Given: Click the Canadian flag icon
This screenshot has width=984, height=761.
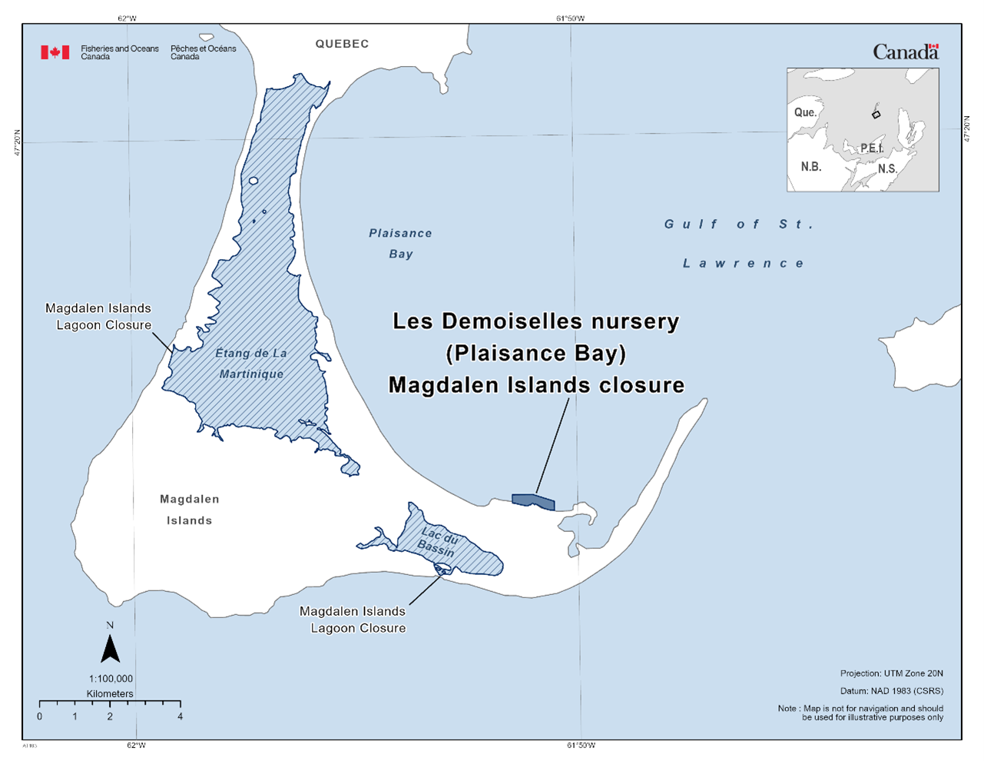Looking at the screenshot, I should [x=55, y=52].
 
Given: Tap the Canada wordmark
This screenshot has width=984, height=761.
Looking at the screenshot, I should [x=906, y=52].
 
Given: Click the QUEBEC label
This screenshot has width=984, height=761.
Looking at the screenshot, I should [x=342, y=44].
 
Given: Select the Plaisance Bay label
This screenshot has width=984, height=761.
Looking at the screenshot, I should [x=400, y=243].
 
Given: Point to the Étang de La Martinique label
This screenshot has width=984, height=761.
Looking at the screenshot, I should [x=251, y=364].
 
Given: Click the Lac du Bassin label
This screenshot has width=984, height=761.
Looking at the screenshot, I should [x=439, y=542].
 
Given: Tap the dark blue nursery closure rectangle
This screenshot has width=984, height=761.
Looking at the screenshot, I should [x=533, y=501].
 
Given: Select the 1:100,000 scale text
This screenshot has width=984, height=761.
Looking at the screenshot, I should [x=111, y=679].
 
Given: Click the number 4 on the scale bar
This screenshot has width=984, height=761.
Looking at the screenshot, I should [x=180, y=716].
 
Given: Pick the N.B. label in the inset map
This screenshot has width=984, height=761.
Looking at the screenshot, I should [x=811, y=167].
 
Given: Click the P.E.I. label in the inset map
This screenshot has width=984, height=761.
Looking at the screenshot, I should [x=872, y=148].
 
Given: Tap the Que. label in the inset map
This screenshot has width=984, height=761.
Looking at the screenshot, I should [x=805, y=112].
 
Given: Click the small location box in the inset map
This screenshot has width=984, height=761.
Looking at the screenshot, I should [x=876, y=115].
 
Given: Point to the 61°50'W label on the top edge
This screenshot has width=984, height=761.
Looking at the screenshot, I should [x=570, y=18].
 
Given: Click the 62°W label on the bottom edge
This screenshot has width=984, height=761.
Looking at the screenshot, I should [x=136, y=745].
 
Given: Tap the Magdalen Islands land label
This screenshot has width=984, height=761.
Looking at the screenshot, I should [x=190, y=510].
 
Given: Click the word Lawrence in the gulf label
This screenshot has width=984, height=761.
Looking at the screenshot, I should [x=744, y=264].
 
